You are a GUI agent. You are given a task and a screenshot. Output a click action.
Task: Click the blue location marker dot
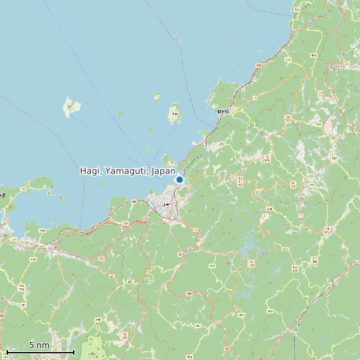point(179,179)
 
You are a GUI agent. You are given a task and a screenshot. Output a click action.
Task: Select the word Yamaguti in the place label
point(126,171)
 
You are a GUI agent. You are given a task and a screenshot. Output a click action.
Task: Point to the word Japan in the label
point(163,171)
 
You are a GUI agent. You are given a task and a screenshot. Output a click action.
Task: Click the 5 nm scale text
point(39,345)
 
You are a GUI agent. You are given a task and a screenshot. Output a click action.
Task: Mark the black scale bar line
point(40,351)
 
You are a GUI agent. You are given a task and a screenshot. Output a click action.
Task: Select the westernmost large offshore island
point(69,107)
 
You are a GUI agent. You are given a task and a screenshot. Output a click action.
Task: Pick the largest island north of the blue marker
point(175,114)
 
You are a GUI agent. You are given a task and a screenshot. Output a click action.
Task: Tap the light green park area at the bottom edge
point(94,348)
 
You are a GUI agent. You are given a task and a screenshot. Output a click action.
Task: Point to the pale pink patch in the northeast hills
point(330,124)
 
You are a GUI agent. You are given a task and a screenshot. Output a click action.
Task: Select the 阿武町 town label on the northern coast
point(223,112)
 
